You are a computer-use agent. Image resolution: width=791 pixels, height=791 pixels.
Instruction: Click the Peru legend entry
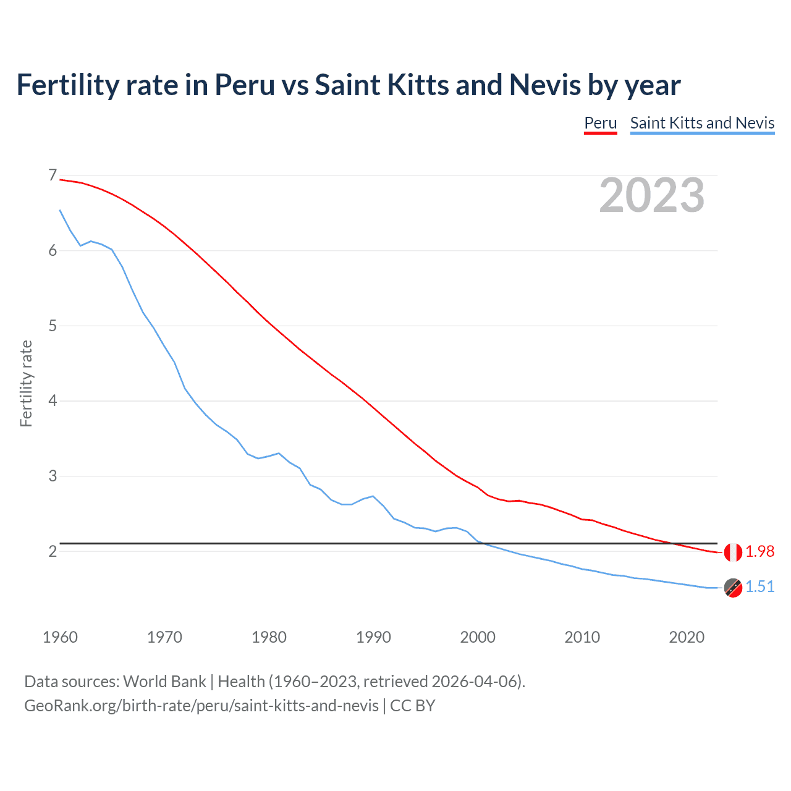(600, 123)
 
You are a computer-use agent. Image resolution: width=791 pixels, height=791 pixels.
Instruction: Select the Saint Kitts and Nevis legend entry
(702, 123)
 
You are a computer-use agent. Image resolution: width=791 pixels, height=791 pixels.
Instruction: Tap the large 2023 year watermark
(651, 195)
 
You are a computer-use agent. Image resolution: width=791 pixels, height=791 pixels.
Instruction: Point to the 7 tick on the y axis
(53, 176)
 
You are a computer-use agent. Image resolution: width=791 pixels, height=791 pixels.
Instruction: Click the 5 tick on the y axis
(53, 326)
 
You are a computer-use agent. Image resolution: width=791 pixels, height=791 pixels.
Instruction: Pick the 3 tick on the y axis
(53, 476)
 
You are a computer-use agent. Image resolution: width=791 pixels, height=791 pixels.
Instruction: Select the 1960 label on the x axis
(60, 637)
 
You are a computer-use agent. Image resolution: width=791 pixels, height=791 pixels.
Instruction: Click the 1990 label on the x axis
(373, 637)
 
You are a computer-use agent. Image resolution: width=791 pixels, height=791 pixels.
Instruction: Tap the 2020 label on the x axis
(687, 637)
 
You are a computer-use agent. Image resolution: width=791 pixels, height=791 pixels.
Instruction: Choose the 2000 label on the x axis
(478, 637)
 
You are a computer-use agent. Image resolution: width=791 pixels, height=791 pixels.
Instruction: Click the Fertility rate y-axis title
(26, 383)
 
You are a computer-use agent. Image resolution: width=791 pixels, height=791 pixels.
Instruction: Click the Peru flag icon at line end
(733, 552)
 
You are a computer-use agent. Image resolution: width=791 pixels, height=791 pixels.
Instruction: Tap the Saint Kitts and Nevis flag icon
(733, 588)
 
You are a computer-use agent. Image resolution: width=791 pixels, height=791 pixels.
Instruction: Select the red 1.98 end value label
(759, 552)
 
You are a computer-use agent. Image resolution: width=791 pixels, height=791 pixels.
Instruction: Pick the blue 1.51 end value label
(759, 587)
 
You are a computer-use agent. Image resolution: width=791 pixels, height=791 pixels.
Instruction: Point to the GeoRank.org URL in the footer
(201, 705)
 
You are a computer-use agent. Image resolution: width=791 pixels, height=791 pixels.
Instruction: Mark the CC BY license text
(413, 705)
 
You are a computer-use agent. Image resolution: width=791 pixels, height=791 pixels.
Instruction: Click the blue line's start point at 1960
(60, 210)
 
